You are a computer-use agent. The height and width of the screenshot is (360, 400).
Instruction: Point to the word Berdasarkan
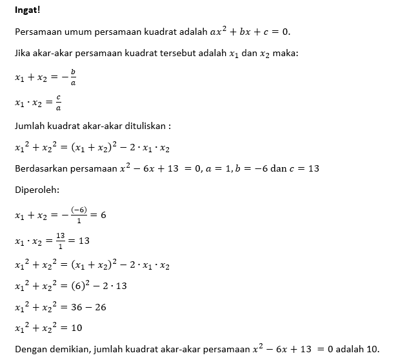[x=41, y=169]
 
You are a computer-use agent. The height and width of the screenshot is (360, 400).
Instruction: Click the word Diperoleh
[x=35, y=191]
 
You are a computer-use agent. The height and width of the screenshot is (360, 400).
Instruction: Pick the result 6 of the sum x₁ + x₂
[x=103, y=215]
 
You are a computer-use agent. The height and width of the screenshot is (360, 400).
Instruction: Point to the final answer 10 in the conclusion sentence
[x=372, y=350]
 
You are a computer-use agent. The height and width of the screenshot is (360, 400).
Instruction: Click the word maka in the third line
[x=285, y=54]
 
